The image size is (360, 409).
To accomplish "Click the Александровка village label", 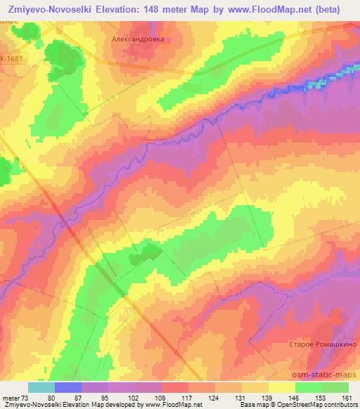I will tap(139, 39).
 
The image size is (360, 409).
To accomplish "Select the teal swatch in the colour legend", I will tap(41, 387).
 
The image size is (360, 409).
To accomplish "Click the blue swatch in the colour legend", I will tap(68, 387).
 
